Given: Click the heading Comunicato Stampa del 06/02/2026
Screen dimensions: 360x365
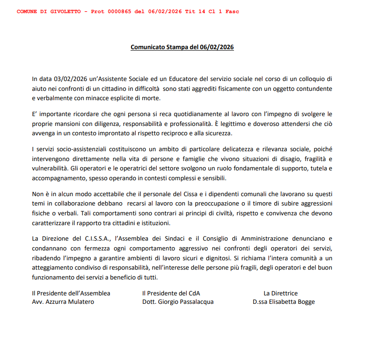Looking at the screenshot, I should point(182,47).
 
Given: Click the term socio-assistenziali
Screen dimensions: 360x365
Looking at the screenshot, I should point(77,149).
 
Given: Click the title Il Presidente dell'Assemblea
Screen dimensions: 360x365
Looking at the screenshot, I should point(71,294).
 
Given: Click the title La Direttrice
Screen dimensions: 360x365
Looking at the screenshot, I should point(280,294).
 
